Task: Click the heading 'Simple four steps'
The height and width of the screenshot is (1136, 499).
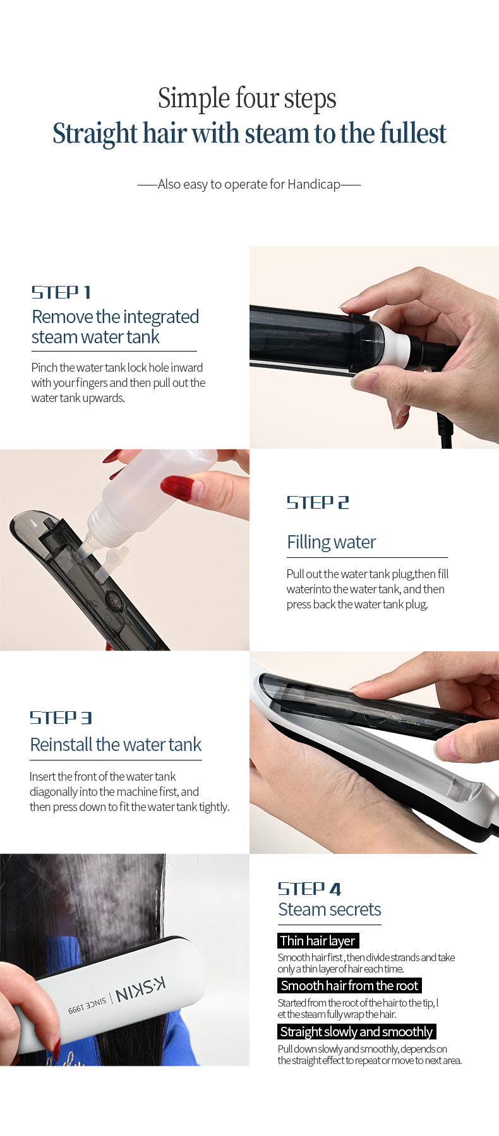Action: tap(247, 98)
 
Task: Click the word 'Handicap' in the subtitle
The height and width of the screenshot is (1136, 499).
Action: tap(314, 184)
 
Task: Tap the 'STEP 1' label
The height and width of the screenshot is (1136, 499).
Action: tap(61, 292)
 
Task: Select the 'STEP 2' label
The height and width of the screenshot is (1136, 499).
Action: tap(318, 502)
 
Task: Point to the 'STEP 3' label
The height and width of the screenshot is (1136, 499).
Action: tap(61, 718)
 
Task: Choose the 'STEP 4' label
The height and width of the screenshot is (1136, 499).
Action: tap(310, 889)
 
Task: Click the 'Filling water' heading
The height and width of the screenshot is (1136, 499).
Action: tap(332, 542)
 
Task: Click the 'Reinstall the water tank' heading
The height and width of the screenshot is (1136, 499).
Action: tap(116, 745)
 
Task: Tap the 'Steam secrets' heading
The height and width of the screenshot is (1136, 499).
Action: tap(330, 909)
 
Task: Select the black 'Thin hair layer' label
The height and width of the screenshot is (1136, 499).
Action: tap(318, 940)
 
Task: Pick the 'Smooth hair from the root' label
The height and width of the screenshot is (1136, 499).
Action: tap(349, 985)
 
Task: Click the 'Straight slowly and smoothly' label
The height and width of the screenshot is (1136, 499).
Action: tap(356, 1031)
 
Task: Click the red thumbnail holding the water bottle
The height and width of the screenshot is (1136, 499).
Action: tap(177, 486)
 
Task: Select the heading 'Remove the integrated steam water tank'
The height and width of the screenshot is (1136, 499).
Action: tap(116, 327)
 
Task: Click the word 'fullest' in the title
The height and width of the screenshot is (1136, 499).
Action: tap(414, 134)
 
